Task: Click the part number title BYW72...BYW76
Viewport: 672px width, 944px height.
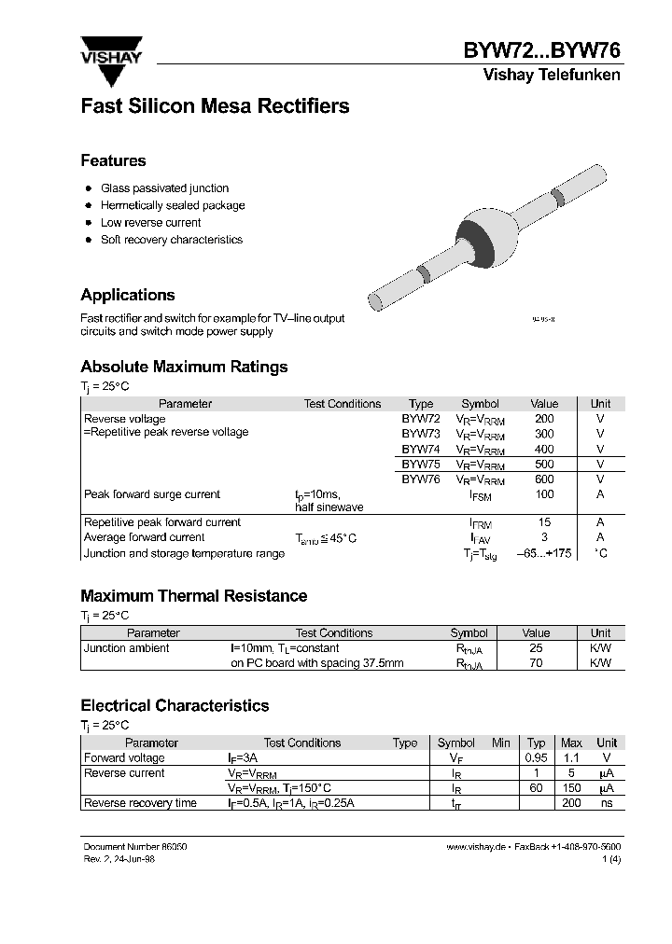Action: pos(542,51)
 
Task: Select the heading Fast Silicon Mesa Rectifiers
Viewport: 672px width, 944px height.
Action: pos(215,106)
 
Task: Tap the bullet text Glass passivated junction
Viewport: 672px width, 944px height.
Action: pos(164,188)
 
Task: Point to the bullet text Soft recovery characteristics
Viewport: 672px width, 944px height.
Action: pos(171,240)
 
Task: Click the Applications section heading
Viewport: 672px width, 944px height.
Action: pos(128,295)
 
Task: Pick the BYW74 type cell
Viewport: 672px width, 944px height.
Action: pos(421,449)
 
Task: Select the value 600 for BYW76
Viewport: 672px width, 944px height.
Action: pos(544,479)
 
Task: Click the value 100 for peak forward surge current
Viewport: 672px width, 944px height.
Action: pos(544,494)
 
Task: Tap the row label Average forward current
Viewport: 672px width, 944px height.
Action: pos(144,537)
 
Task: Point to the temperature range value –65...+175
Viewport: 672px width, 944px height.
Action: pos(543,553)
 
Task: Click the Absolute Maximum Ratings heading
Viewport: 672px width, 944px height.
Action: pos(184,367)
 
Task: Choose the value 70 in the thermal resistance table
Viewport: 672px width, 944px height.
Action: pos(536,663)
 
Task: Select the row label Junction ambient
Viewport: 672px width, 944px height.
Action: pos(127,648)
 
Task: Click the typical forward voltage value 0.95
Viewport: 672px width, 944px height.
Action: pos(536,758)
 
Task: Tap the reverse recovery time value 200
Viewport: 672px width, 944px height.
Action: pos(571,803)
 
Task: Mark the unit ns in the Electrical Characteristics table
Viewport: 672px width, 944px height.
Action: pos(607,803)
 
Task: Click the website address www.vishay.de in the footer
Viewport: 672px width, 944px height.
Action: pos(475,846)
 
